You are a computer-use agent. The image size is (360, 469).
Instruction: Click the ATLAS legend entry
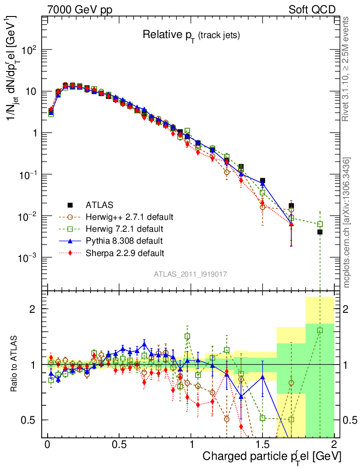point(99,204)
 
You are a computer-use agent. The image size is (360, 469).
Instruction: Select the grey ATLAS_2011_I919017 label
point(191,274)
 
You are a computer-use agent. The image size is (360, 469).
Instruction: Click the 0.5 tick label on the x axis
point(119,445)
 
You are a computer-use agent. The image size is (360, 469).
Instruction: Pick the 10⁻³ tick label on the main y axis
point(28,257)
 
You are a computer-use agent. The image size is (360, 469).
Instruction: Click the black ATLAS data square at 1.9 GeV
point(320,232)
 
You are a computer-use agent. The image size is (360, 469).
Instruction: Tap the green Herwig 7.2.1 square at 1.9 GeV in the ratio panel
point(320,330)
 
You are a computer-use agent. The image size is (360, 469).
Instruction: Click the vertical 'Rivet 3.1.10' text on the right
point(346,69)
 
